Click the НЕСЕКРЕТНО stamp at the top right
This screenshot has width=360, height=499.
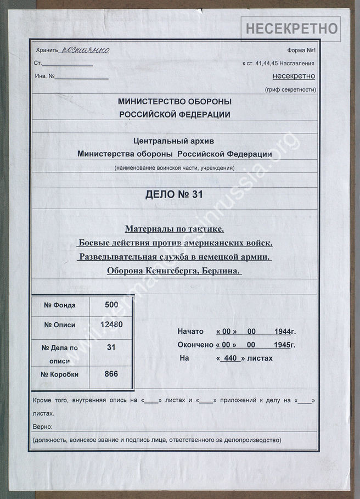(291, 28)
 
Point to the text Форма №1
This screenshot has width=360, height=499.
(301, 51)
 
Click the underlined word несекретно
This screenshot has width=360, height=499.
(294, 76)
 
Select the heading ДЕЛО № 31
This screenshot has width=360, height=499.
(175, 193)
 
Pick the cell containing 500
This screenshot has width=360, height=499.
(111, 305)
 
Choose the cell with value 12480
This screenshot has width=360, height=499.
(111, 324)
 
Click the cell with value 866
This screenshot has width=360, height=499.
(111, 374)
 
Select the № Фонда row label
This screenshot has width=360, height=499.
(59, 305)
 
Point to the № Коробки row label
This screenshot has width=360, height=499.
(60, 374)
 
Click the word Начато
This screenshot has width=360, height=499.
(190, 332)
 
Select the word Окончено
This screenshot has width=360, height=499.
(194, 345)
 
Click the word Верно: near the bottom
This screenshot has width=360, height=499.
(43, 427)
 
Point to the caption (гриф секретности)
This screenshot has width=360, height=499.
(290, 89)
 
